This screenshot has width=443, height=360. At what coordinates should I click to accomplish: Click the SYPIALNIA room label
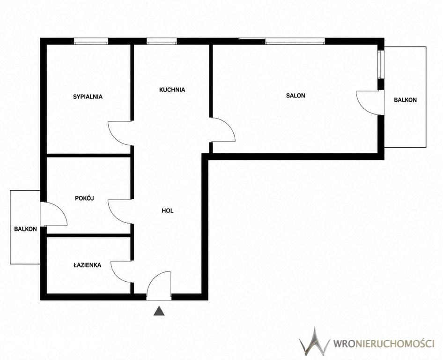pyautogui.click(x=88, y=97)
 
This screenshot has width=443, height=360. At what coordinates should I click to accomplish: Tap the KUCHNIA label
pyautogui.click(x=172, y=90)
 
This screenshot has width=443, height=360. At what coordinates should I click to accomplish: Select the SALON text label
pyautogui.click(x=295, y=96)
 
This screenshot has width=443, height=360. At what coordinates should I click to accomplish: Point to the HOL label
pyautogui.click(x=168, y=210)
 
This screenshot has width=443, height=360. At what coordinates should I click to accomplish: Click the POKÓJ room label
pyautogui.click(x=84, y=198)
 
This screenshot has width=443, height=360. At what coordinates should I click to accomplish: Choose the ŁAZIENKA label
pyautogui.click(x=87, y=265)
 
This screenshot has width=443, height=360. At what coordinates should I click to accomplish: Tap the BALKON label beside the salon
pyautogui.click(x=405, y=100)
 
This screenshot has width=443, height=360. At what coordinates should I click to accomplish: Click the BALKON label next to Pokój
pyautogui.click(x=25, y=229)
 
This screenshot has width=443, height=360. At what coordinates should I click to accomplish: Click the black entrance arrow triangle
pyautogui.click(x=159, y=311)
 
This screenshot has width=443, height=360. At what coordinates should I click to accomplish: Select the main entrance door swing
pyautogui.click(x=159, y=285)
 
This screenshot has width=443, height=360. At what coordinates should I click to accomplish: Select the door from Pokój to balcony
pyautogui.click(x=54, y=214)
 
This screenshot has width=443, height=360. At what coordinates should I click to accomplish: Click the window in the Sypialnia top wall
pyautogui.click(x=91, y=41)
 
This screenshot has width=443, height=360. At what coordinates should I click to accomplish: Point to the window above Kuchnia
pyautogui.click(x=162, y=41)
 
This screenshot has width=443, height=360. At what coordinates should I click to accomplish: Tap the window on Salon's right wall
pyautogui.click(x=381, y=65)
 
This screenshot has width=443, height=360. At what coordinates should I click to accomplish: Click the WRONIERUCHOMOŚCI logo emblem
pyautogui.click(x=314, y=342)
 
